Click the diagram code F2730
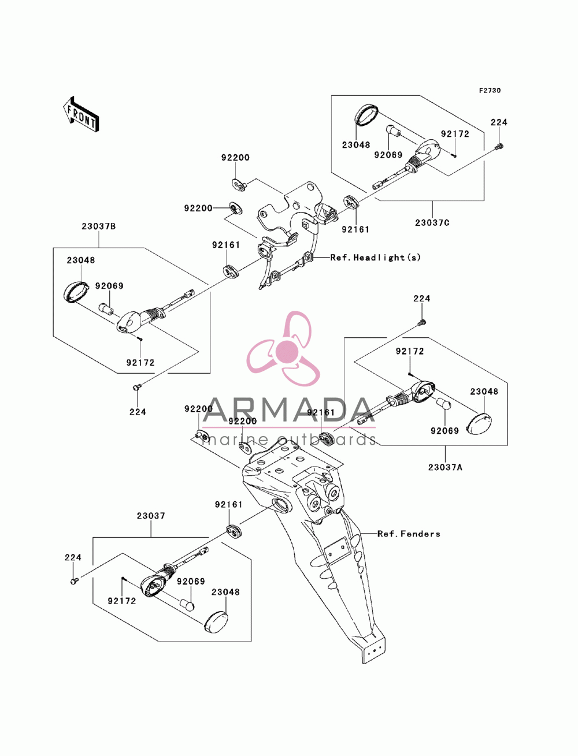coord(490,91)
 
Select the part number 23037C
coord(432,223)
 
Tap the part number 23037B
coord(98,226)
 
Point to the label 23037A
coord(445,467)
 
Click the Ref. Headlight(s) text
coord(375,258)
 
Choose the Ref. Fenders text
coord(409,534)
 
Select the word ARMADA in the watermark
coord(289,410)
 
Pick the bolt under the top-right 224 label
coord(499,147)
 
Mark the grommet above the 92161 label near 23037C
coord(351,202)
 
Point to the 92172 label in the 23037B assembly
coord(140,363)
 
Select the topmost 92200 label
coord(235,158)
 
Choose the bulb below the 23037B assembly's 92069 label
coord(106,308)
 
